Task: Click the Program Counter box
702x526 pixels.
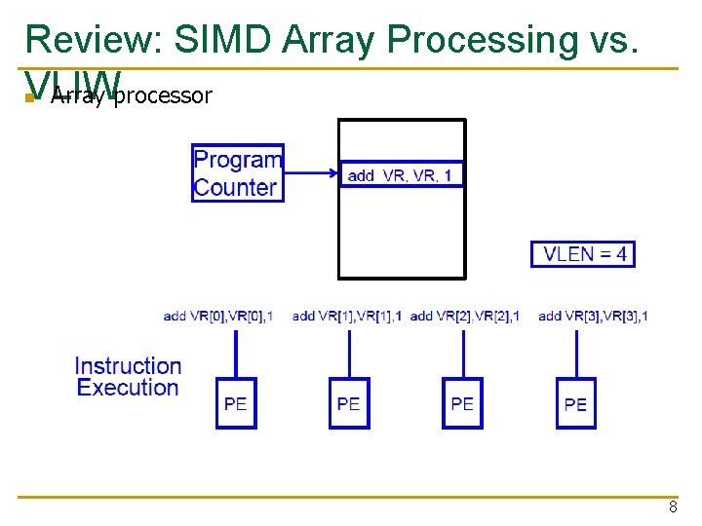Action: point(238,173)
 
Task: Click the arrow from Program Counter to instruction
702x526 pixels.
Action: point(310,174)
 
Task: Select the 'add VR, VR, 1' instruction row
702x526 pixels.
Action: point(401,174)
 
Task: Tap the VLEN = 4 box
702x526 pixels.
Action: point(582,254)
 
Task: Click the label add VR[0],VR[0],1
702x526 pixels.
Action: point(218,316)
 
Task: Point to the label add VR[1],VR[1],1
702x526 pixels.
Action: point(347,316)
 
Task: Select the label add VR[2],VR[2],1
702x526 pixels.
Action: point(465,316)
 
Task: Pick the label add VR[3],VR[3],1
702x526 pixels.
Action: point(593,316)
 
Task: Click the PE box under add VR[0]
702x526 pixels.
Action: point(236,403)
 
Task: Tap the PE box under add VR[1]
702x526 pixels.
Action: point(349,403)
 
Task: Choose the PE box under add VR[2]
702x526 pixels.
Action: point(462,403)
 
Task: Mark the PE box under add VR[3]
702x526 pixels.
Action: point(575,403)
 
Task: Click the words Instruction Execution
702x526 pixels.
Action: point(128,377)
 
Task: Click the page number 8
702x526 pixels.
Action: point(673,507)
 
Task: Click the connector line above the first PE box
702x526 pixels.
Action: point(236,353)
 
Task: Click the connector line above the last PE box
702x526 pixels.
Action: point(575,353)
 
